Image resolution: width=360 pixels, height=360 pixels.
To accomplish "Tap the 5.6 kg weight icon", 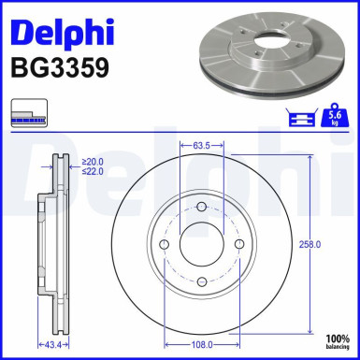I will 334,117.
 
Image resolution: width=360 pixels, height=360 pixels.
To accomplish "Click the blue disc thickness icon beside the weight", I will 302,118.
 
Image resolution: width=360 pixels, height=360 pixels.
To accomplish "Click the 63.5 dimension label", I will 199,146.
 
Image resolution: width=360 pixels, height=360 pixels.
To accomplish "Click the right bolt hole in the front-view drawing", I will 238,244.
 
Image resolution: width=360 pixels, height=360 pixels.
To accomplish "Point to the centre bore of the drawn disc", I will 200,244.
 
